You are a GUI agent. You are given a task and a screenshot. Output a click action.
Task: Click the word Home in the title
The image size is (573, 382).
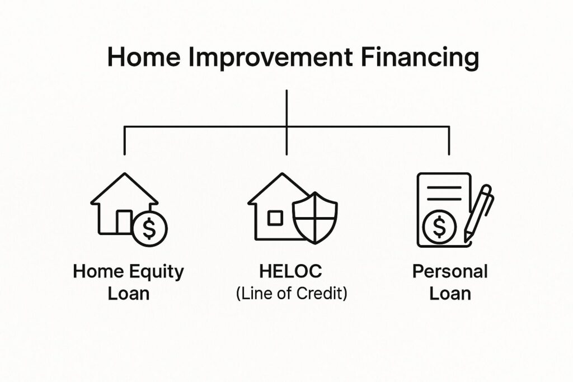144,58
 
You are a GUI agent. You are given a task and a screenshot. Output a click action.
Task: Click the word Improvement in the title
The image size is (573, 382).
271,58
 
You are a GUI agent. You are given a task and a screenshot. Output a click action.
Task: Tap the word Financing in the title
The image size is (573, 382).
420,58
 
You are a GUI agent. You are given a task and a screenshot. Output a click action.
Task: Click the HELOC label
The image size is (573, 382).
291,271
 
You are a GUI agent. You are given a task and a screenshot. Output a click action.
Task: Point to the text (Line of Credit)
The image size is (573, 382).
292,293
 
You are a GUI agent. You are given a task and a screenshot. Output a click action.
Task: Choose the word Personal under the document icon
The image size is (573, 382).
450,272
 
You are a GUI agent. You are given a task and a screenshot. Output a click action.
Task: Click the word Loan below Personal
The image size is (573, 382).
450,294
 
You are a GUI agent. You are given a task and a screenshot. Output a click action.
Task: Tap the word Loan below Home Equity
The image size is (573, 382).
129,294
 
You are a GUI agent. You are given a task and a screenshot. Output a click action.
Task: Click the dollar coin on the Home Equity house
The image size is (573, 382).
149,229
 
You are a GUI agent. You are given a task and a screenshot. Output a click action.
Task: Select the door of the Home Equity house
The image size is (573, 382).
124,221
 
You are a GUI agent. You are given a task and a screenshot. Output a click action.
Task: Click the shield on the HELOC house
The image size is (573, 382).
315,218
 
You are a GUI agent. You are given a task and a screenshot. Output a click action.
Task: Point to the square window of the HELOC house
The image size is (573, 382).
275,218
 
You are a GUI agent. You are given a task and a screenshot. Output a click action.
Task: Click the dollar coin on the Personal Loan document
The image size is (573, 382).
440,227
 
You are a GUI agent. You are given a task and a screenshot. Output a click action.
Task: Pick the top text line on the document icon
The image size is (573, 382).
444,188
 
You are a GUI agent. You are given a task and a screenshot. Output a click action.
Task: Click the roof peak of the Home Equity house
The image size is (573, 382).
125,173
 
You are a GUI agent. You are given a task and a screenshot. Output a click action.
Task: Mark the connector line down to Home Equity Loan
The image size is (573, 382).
125,140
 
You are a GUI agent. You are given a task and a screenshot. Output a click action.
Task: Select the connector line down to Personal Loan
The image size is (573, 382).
449,140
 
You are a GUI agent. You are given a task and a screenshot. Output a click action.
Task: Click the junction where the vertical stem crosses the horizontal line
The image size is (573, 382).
287,127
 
